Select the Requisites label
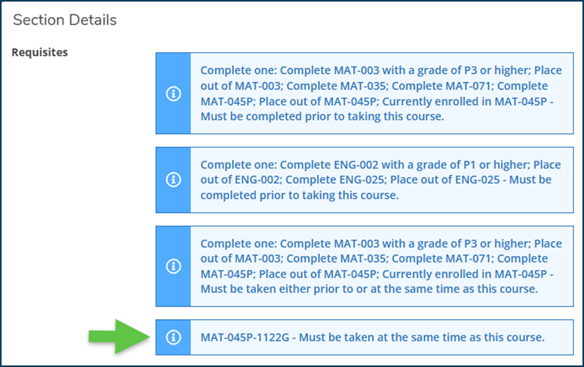[40, 52]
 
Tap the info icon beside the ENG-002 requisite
[173, 180]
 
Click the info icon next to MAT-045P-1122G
[173, 337]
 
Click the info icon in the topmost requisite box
[173, 93]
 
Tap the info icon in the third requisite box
[173, 266]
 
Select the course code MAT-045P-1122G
[244, 337]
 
